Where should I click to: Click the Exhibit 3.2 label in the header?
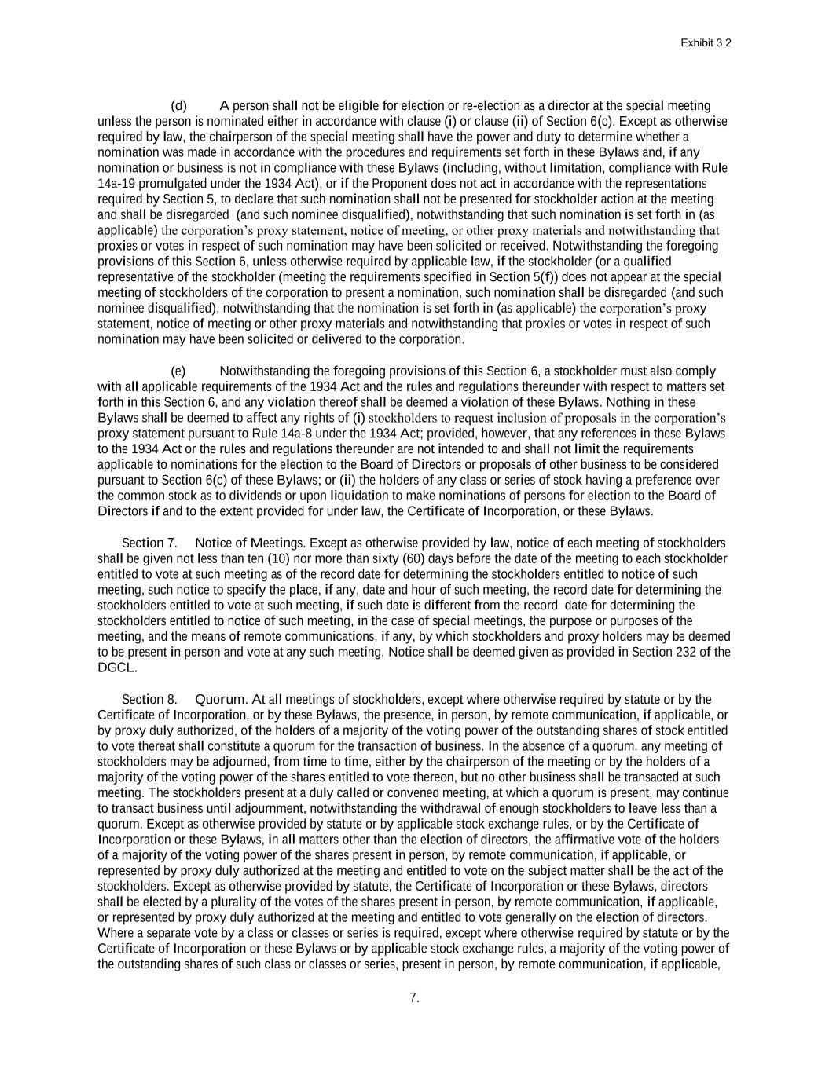click(x=706, y=44)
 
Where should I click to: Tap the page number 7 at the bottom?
click(x=414, y=998)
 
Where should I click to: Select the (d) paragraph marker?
click(x=179, y=106)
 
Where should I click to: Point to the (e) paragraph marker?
click(x=179, y=371)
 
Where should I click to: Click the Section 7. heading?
click(x=149, y=543)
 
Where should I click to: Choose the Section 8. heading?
click(x=149, y=700)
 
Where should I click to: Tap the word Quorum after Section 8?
click(x=222, y=700)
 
